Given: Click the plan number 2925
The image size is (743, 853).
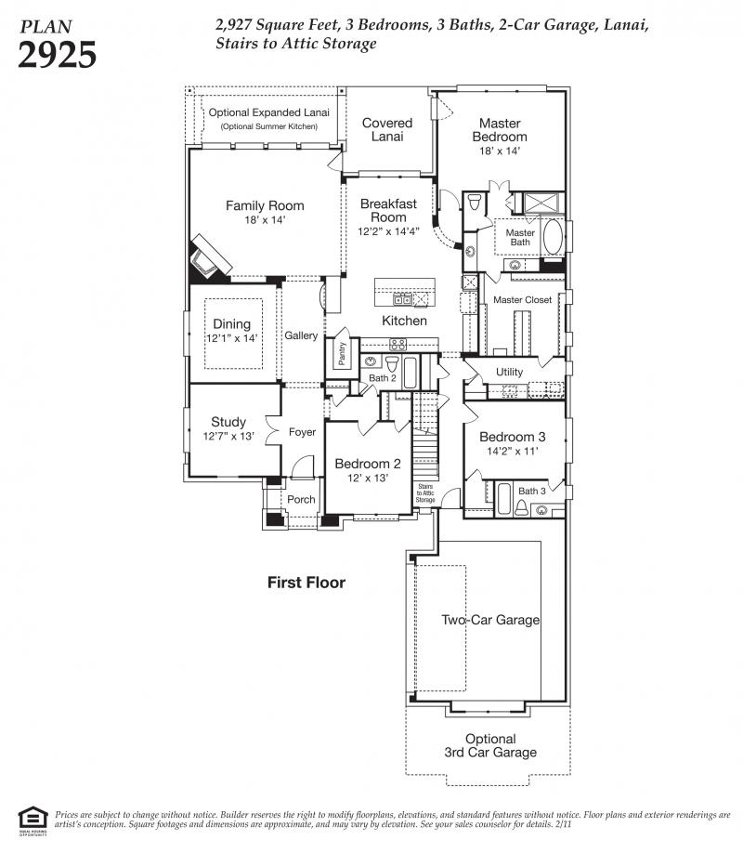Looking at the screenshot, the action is coord(57,55).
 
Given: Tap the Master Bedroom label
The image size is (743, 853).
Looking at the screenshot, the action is coord(500,130).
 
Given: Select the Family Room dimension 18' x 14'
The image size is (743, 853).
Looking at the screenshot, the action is coord(265,220).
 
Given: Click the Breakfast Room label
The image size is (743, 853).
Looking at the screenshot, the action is coord(388,211).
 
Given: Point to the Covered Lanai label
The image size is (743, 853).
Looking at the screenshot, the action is coord(387,129).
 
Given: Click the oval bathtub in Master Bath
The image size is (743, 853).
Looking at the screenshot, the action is coord(554,237).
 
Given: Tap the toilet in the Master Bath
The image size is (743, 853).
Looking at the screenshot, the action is coord(475,203).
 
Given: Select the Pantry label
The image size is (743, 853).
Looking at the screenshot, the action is coord(342,354).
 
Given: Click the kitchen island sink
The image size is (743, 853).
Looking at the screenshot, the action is coord(402,299).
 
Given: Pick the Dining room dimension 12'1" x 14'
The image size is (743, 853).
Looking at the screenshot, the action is coord(231,338).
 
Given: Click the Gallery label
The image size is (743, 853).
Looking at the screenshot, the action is coord(301,335).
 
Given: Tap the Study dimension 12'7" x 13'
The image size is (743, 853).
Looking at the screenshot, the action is coord(228,437).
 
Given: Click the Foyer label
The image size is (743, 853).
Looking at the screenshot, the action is coord(302,432).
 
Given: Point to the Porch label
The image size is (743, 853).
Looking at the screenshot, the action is coord(301,499).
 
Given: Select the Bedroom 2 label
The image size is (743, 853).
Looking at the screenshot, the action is coord(368,464).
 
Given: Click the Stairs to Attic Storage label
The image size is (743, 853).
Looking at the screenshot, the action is coord(425,492).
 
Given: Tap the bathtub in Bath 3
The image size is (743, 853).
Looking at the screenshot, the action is coord(503,499).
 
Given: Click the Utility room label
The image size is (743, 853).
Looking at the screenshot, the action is coord(509,372).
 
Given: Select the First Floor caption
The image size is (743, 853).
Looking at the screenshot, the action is coord(306,583).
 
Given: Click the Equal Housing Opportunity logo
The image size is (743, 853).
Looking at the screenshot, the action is coord(33,820).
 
